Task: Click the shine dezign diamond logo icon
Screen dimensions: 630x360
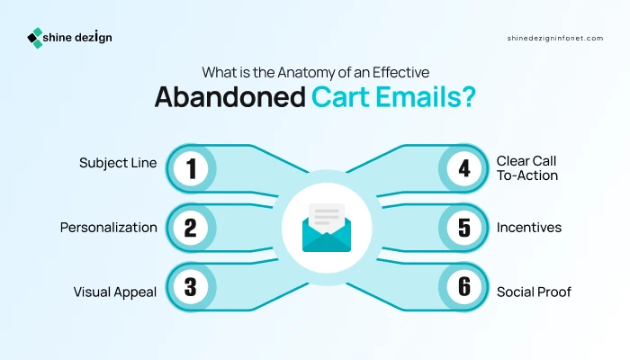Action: [35, 38]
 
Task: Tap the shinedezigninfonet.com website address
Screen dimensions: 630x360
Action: [555, 38]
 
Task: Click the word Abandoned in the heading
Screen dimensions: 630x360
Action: [230, 97]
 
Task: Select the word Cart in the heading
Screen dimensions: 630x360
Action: [340, 97]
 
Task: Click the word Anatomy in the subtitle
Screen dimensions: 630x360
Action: [305, 72]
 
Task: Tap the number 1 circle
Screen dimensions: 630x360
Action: [191, 169]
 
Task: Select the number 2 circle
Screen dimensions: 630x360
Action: [191, 228]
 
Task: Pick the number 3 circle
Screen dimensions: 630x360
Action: [191, 287]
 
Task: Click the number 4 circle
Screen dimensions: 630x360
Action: [464, 169]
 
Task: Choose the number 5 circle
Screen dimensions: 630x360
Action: [464, 228]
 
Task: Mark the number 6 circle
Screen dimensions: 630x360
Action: [464, 287]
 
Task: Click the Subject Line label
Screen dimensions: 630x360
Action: [118, 163]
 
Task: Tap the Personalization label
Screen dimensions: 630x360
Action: [109, 228]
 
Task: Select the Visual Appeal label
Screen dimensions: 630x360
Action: [115, 292]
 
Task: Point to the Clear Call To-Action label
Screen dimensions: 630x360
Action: [526, 168]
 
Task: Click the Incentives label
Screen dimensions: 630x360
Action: [529, 228]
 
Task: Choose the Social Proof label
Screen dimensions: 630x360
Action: [534, 292]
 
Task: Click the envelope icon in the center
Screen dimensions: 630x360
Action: [327, 228]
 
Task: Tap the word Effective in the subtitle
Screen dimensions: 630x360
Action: [400, 72]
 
